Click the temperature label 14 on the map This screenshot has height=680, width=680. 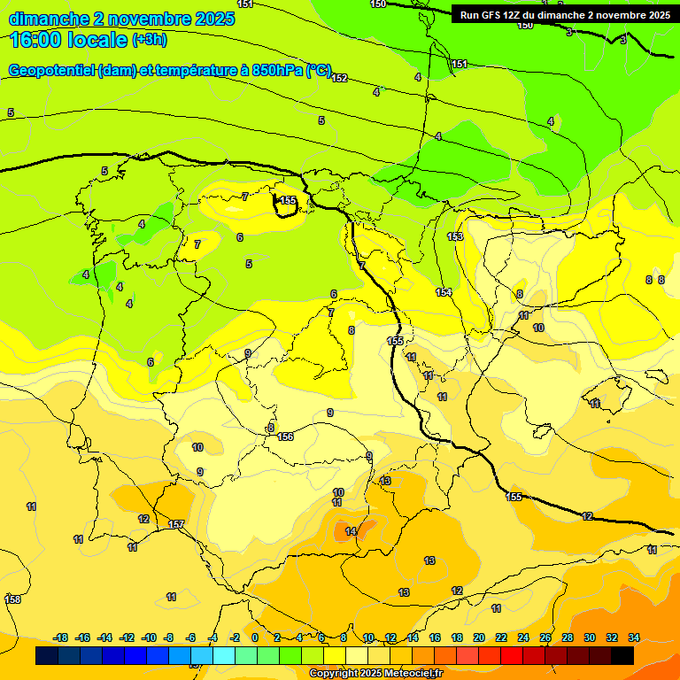pyautogui.click(x=351, y=531)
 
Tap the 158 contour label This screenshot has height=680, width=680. pyautogui.click(x=12, y=599)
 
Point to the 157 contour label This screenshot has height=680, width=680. pyautogui.click(x=176, y=525)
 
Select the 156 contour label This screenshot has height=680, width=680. pyautogui.click(x=285, y=437)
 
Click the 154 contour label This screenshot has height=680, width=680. pyautogui.click(x=444, y=292)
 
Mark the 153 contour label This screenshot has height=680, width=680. pyautogui.click(x=455, y=236)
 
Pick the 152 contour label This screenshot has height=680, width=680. pyautogui.click(x=339, y=78)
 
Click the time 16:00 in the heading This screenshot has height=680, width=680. pyautogui.click(x=36, y=39)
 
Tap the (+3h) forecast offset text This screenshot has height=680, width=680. pyautogui.click(x=149, y=40)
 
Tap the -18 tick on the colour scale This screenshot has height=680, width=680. pyautogui.click(x=61, y=637)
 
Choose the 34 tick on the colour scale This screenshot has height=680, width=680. pyautogui.click(x=634, y=637)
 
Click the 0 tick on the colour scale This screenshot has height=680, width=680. pyautogui.click(x=255, y=637)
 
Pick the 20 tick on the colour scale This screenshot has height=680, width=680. pyautogui.click(x=479, y=637)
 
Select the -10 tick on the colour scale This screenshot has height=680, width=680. pyautogui.click(x=149, y=637)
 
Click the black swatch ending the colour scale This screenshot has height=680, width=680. pyautogui.click(x=622, y=655)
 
